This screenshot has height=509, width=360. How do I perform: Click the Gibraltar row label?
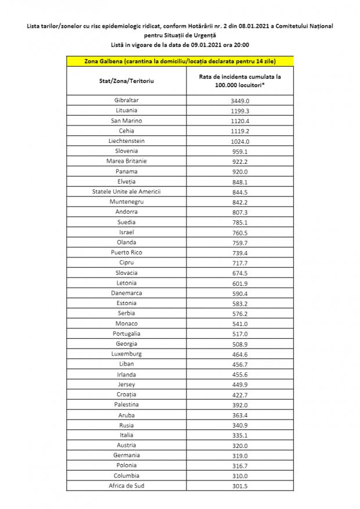[126, 100]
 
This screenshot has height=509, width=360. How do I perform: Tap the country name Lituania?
[126, 110]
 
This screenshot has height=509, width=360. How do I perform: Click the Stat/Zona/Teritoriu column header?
[127, 80]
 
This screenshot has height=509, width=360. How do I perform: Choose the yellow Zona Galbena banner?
[180, 61]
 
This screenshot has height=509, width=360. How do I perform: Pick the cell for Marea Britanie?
[126, 161]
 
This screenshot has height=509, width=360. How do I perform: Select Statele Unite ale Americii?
[126, 191]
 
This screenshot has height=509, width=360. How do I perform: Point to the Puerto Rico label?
[126, 252]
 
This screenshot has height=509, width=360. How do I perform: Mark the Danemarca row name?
[126, 293]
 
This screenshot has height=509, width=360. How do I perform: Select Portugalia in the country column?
[126, 334]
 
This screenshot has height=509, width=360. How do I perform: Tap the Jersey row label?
[126, 384]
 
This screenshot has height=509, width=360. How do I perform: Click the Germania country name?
[126, 455]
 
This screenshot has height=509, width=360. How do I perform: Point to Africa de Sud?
[126, 486]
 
